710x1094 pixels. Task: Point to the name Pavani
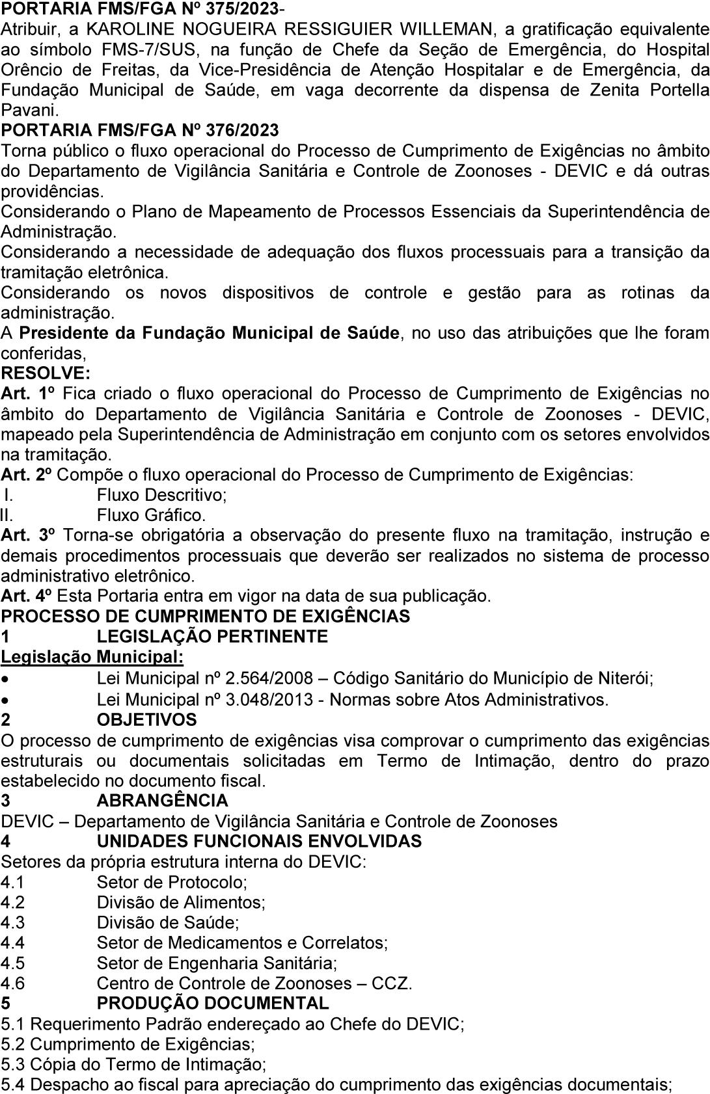point(29,110)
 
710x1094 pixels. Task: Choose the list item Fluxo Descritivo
point(161,495)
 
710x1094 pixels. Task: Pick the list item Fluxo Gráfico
point(151,515)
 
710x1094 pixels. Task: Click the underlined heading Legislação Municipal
point(92,657)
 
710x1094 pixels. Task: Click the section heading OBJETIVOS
point(146,719)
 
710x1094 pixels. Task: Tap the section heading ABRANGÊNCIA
point(162,800)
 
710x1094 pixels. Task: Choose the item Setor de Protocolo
point(172,882)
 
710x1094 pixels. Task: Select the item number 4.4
point(12,942)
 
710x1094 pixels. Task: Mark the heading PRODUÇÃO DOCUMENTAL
point(212,1003)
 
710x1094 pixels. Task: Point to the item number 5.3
point(13,1064)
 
